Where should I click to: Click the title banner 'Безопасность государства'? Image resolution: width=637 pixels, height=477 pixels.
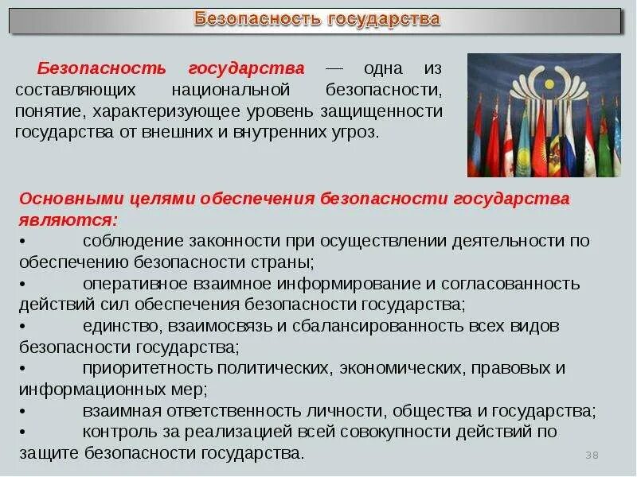click(318, 18)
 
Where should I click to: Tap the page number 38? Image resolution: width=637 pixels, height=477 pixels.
click(592, 454)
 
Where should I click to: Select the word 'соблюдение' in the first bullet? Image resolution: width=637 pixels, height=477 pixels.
click(132, 240)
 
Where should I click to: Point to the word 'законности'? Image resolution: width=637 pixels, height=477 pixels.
click(233, 240)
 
